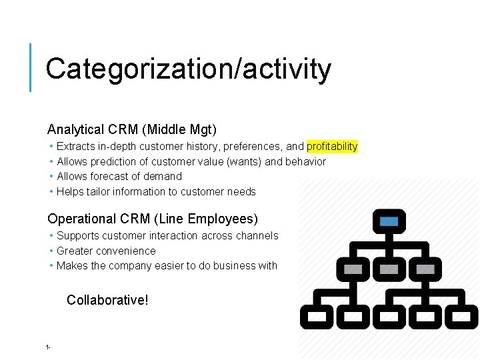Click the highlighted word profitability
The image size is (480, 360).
coord(332,146)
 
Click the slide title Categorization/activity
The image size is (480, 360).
coord(188,69)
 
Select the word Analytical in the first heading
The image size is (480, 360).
coord(76,129)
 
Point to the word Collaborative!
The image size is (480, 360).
coord(107,300)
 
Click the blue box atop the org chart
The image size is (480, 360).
coord(389,221)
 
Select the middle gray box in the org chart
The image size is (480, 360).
coord(389,269)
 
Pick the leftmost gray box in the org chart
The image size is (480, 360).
coord(353,269)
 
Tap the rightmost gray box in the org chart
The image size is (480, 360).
coord(425,269)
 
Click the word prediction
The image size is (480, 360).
coord(119,161)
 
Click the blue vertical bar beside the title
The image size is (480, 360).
coord(31,67)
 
